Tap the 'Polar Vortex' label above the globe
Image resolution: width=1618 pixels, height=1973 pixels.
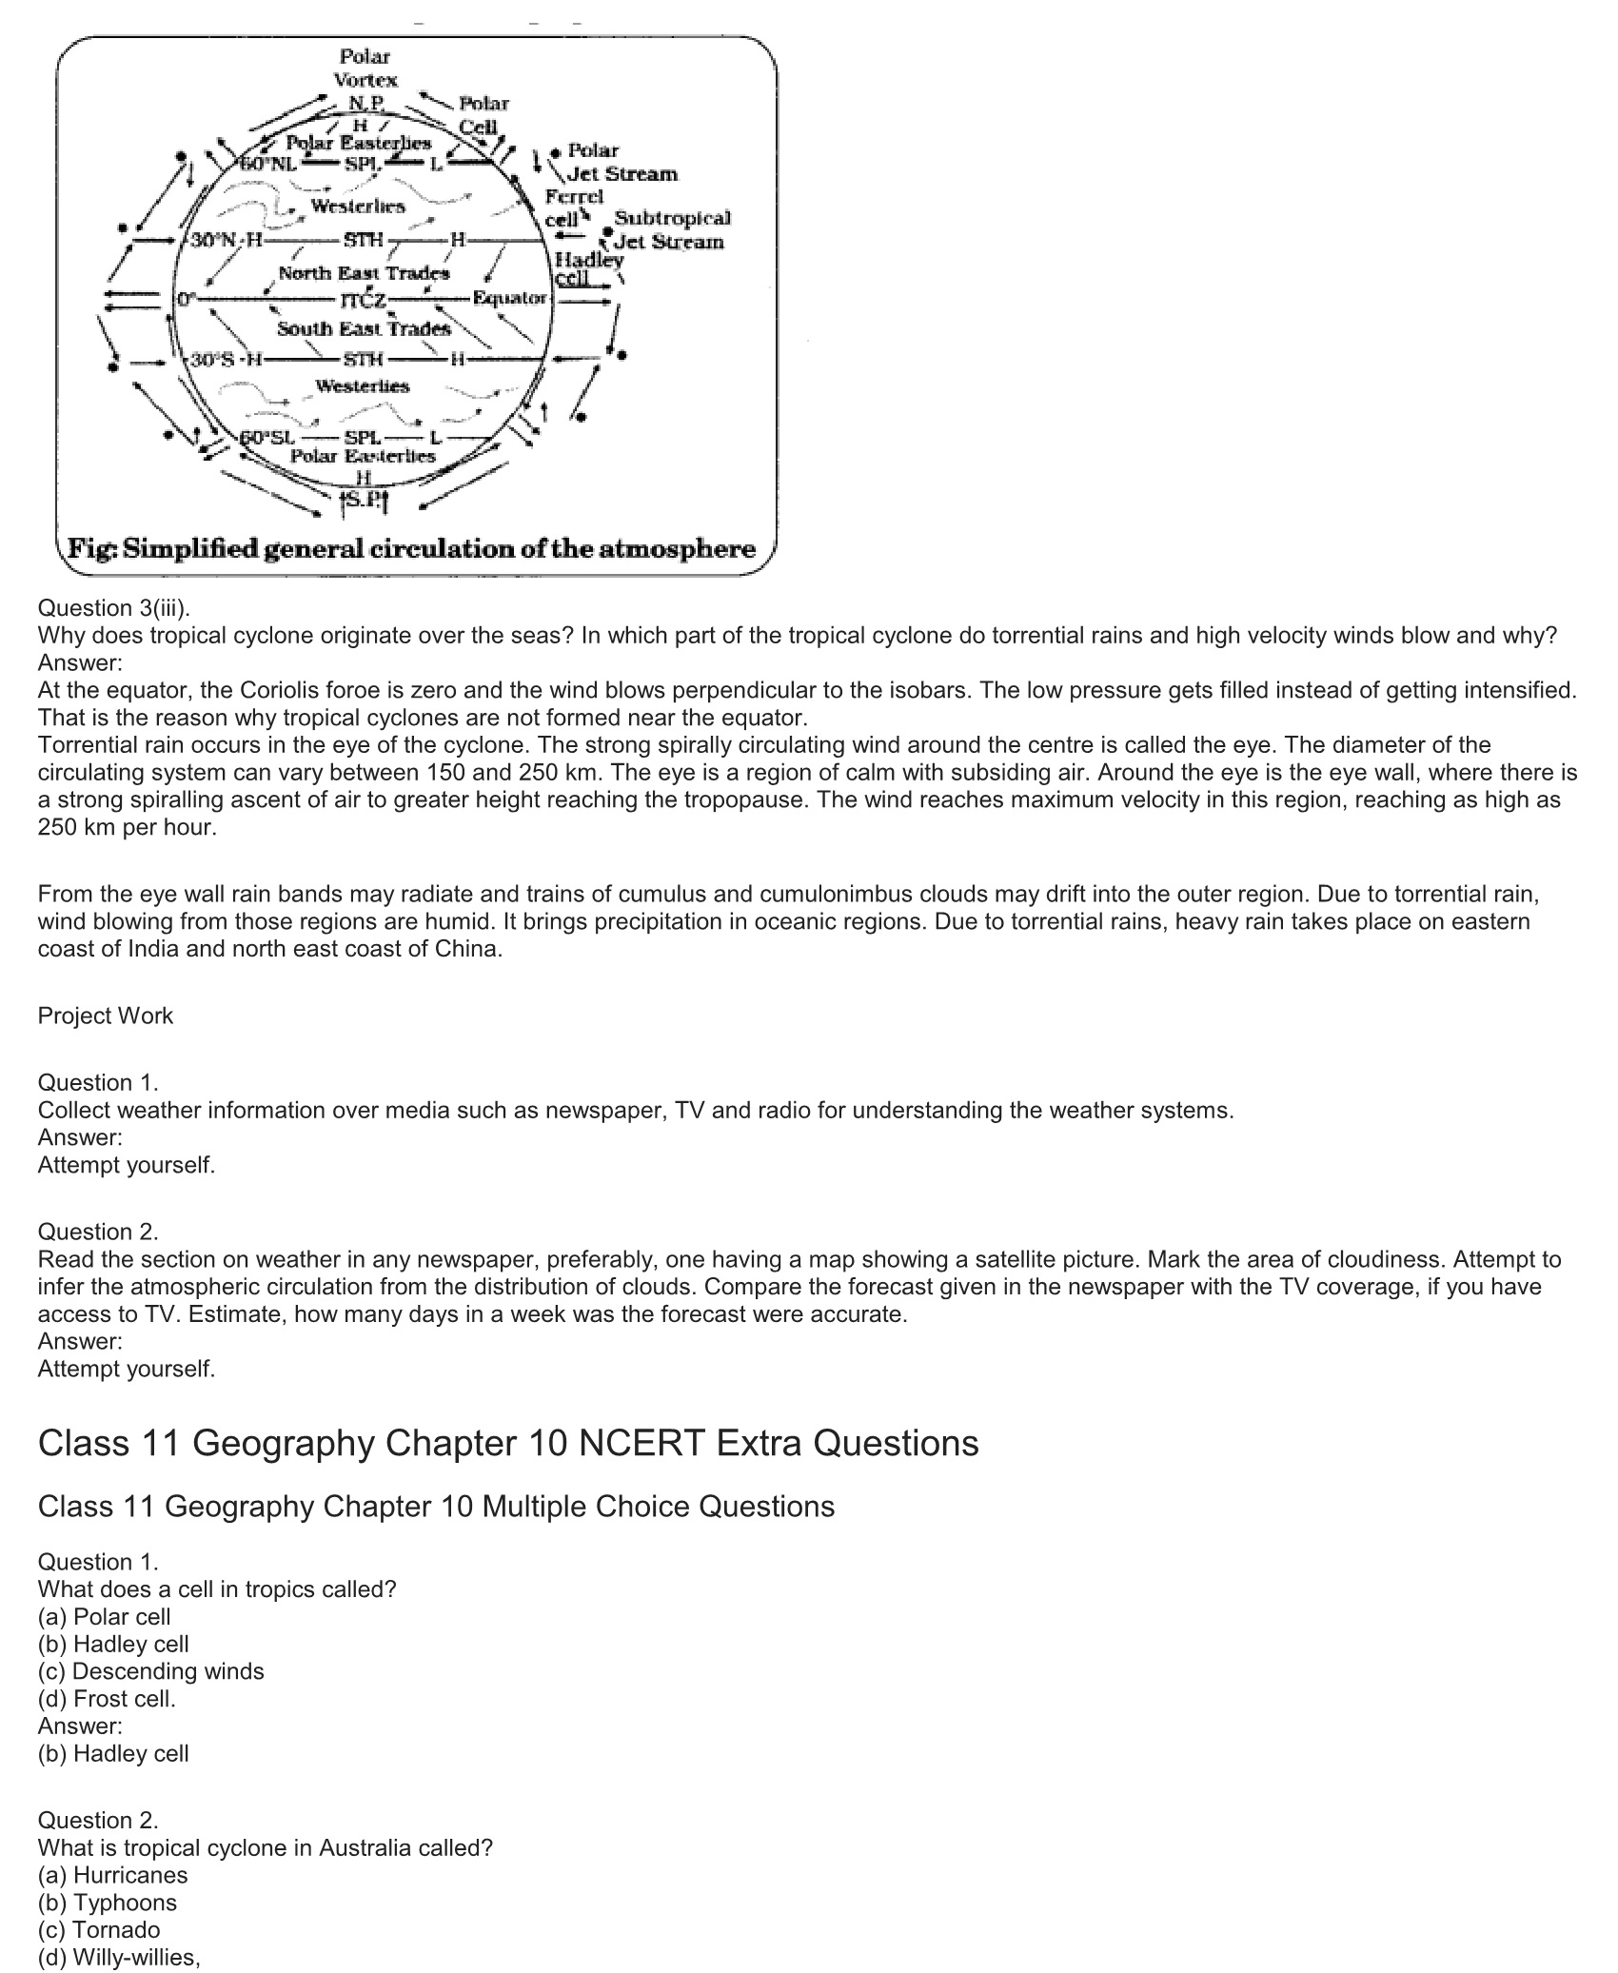click(365, 69)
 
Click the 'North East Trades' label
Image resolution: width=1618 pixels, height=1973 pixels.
click(364, 274)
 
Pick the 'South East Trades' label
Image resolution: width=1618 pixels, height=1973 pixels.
click(364, 329)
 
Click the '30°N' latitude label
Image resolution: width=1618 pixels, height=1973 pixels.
click(212, 240)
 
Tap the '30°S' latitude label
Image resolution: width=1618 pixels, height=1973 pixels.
click(212, 360)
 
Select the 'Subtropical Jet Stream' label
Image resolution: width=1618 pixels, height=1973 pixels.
click(670, 230)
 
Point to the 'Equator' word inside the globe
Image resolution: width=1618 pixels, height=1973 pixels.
click(509, 298)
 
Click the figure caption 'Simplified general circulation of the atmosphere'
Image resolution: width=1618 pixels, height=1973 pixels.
click(411, 549)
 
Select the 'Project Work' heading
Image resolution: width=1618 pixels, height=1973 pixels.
click(106, 1016)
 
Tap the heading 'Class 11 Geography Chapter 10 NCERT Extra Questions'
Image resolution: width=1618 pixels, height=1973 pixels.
click(508, 1443)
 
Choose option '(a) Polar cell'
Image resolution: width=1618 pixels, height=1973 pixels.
click(105, 1616)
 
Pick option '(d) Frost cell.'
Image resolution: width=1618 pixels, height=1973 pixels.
click(108, 1698)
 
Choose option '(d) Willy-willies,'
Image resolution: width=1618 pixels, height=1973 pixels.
click(119, 1957)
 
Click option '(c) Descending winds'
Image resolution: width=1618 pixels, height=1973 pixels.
click(151, 1670)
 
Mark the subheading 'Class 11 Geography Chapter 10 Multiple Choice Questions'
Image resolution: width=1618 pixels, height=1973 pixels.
click(436, 1507)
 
